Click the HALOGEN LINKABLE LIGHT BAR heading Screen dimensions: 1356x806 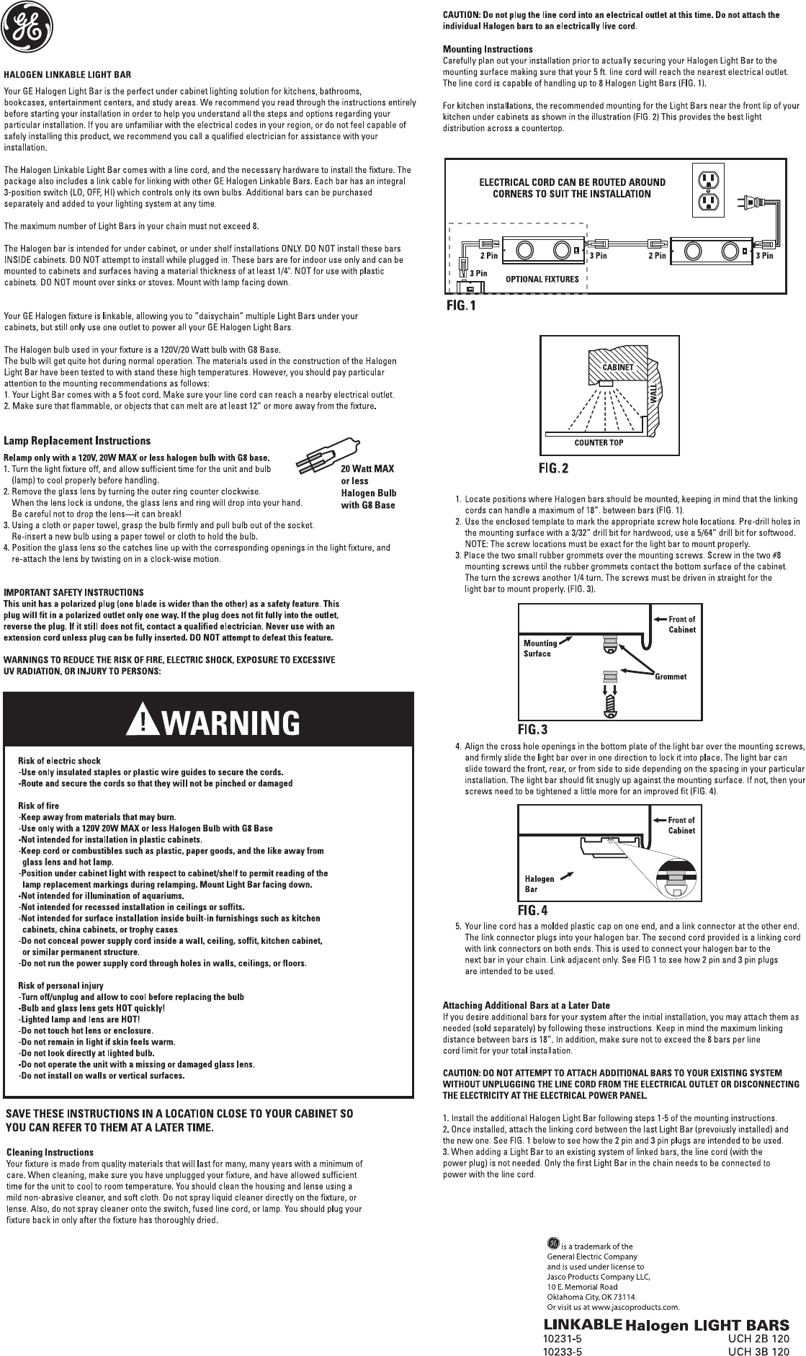click(68, 74)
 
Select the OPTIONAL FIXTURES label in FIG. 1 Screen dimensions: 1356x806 click(542, 279)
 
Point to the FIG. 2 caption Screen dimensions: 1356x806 click(554, 469)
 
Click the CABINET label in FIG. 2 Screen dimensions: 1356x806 click(618, 367)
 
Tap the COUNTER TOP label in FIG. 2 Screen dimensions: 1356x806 click(599, 442)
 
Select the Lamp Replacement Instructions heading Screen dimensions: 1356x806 click(77, 441)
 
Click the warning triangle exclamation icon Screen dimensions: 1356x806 click(142, 721)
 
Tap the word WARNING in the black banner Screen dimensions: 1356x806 click(228, 722)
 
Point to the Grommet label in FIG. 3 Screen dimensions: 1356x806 click(671, 677)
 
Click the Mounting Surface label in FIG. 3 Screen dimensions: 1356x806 click(539, 648)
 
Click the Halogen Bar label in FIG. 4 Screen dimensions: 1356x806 click(539, 883)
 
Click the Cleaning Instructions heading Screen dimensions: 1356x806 click(50, 1153)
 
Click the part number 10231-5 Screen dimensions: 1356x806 click(562, 1339)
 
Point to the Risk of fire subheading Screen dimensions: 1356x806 click(39, 806)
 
